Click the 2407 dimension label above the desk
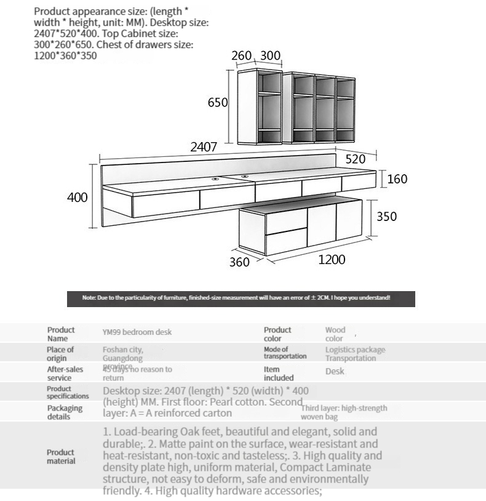pos(203,147)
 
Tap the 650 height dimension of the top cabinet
pos(218,103)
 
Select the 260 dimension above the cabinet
pos(242,56)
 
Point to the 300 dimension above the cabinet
pos(270,56)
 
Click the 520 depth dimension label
pos(356,159)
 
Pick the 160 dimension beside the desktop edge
pos(397,179)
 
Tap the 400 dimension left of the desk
pos(78,198)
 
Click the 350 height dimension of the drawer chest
pos(387,217)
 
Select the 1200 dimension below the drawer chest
pos(332,260)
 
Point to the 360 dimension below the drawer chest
pos(239,262)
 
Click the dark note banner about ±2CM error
pos(241,299)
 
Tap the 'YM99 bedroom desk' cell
pos(137,332)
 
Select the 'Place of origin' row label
pos(60,354)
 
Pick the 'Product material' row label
pos(61,457)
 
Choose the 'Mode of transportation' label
pos(285,353)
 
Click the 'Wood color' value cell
pos(335,334)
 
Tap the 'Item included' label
pos(279,373)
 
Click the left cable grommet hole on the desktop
pos(217,179)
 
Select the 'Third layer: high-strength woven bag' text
pos(344,412)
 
